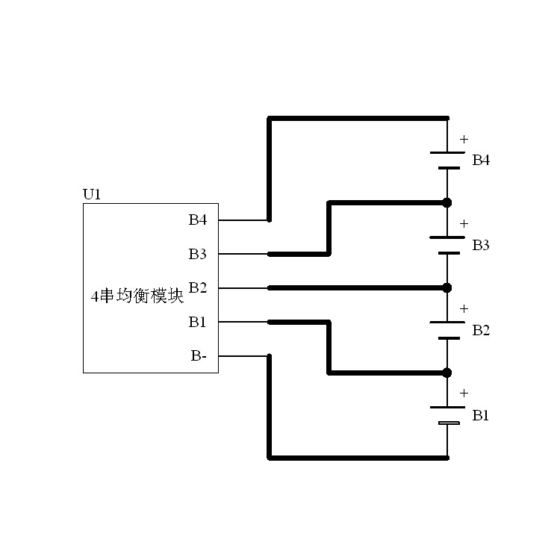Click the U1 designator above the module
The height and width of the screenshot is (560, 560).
coord(91,195)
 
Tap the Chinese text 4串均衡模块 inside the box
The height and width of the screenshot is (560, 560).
coord(137,296)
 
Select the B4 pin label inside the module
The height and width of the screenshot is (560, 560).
coord(197,220)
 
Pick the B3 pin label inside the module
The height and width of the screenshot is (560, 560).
coord(197,255)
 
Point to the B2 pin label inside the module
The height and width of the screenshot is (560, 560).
coord(197,288)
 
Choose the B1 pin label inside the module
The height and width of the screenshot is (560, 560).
coord(197,323)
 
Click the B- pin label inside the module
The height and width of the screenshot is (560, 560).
coord(199,356)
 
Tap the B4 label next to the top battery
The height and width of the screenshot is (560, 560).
coord(481,161)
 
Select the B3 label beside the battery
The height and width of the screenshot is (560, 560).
coord(481,246)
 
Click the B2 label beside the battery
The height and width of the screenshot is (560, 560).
coord(481,331)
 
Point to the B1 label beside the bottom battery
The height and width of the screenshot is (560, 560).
coord(481,415)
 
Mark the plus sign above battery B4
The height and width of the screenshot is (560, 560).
coord(464,139)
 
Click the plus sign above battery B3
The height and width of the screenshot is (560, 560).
coord(464,223)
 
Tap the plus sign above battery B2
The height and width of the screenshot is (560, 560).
coord(464,308)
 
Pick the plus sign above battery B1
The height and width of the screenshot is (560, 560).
coord(464,393)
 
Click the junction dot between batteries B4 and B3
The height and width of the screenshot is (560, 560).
coord(447,202)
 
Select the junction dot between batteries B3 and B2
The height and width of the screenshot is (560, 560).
coord(447,287)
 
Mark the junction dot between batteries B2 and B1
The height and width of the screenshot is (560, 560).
coord(447,373)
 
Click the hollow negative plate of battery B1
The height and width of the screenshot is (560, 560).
coord(448,424)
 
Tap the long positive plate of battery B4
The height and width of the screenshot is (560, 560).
coord(447,152)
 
